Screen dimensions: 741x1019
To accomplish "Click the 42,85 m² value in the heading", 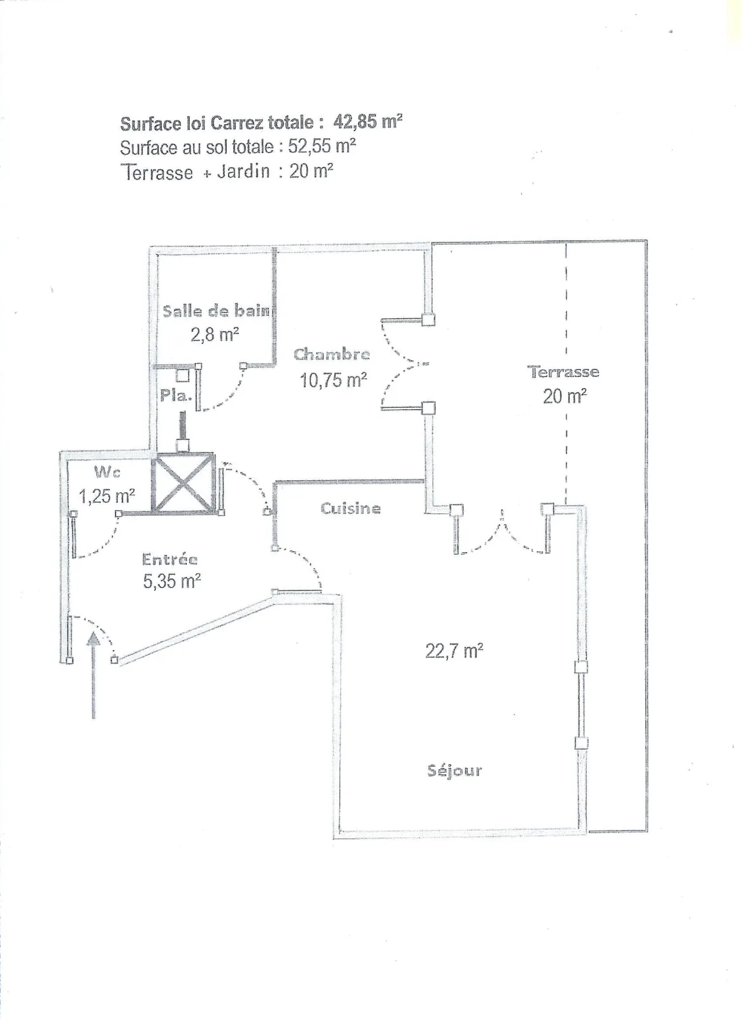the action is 368,121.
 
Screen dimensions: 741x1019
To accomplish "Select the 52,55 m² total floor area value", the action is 322,146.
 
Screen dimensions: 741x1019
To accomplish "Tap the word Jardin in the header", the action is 243,171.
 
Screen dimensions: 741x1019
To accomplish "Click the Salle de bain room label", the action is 216,311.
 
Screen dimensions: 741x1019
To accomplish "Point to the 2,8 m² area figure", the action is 215,334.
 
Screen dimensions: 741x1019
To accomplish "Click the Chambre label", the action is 331,354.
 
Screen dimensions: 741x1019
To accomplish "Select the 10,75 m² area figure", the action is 333,380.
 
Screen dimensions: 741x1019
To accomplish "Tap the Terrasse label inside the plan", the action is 563,372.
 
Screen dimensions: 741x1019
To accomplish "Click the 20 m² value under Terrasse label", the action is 565,396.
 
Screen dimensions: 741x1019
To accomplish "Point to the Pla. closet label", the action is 175,395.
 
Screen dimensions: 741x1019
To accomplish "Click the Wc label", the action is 107,472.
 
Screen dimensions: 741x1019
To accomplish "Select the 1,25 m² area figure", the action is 106,495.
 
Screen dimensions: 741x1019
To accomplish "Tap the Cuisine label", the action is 350,508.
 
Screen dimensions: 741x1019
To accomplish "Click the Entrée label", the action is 169,559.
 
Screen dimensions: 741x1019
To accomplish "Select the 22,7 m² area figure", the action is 454,651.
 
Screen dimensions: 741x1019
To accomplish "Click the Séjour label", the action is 454,771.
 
